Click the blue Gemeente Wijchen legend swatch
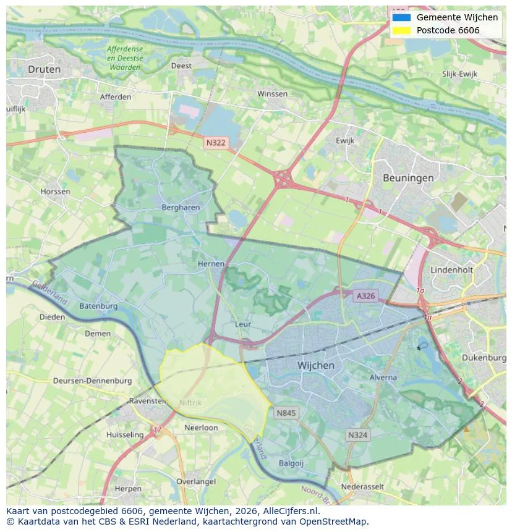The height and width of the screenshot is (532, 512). pos(401,17)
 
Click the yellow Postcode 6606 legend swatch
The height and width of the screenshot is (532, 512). pos(401,30)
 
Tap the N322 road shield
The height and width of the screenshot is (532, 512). pos(216,143)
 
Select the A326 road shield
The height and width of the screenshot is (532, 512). pos(365,297)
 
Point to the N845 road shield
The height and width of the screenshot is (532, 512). pos(287,413)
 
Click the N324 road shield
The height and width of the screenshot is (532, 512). pos(357,435)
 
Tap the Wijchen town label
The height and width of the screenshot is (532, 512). pos(315,365)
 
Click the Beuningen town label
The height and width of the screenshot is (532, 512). pos(407,178)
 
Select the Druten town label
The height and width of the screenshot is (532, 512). pos(45,70)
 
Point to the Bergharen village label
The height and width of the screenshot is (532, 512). pos(181,208)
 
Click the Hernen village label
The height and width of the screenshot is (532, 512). pos(211,264)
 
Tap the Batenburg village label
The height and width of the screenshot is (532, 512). pos(98,306)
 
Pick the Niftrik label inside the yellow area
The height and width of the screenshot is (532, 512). pos(190,403)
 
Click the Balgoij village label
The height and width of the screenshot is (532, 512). pos(291,462)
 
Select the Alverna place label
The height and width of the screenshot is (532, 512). pos(383,377)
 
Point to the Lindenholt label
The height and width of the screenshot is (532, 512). pos(451,271)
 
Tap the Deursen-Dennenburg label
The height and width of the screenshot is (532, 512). pos(92,381)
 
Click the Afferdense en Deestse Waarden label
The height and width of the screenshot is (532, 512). pos(124,58)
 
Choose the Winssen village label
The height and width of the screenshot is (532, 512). pos(272,94)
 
